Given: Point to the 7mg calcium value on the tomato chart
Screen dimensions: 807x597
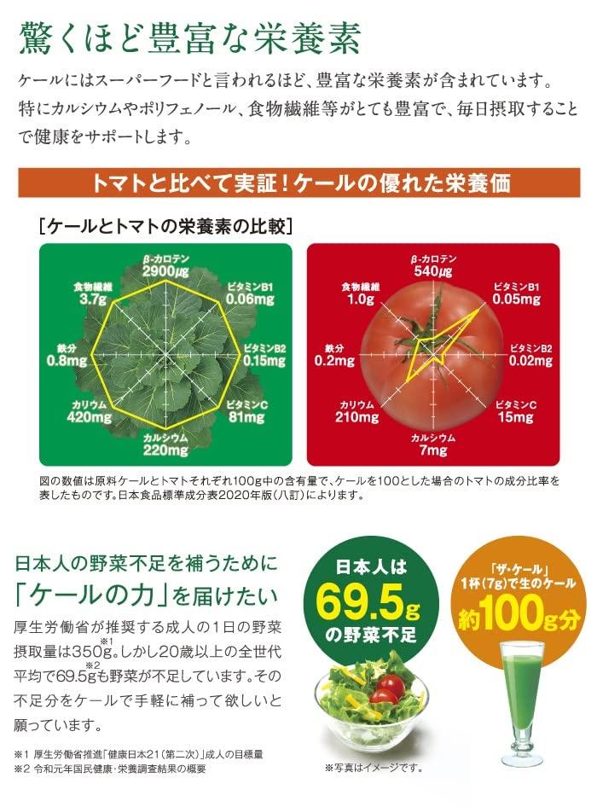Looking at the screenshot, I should pyautogui.click(x=433, y=450).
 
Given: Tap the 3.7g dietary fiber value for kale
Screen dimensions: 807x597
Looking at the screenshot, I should pyautogui.click(x=91, y=300).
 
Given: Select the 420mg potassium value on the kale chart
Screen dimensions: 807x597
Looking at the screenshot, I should pyautogui.click(x=90, y=417).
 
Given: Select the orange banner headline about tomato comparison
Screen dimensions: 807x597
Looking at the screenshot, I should pyautogui.click(x=298, y=183).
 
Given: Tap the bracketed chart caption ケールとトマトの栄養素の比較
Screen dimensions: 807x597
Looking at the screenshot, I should pyautogui.click(x=167, y=227).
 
